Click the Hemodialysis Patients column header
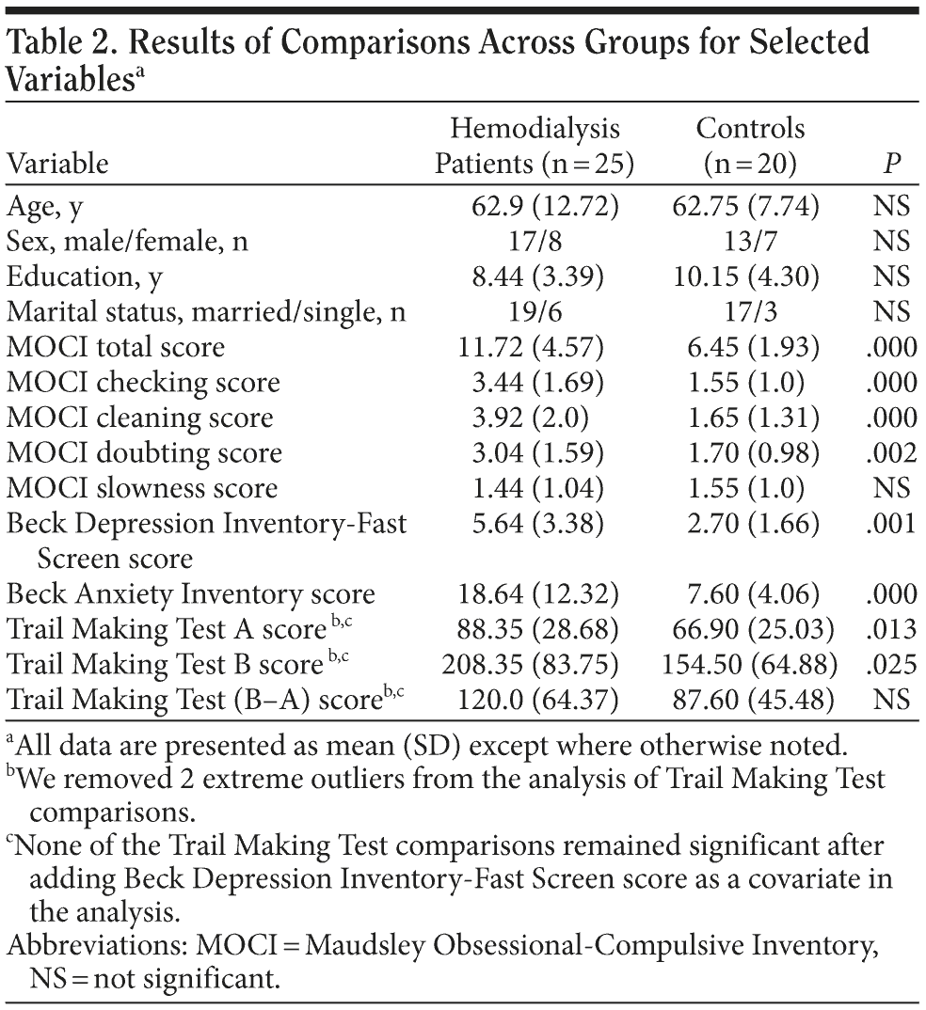(534, 146)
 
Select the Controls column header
(750, 146)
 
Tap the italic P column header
(891, 165)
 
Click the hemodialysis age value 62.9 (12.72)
(545, 205)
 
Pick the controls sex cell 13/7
(750, 241)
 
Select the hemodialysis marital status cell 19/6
(535, 311)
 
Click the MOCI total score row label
(116, 347)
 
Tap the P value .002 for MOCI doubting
(891, 453)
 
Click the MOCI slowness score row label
(142, 488)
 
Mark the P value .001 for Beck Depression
(891, 524)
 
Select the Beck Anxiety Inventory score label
(190, 594)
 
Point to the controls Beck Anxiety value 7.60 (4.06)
(754, 594)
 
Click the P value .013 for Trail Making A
(891, 630)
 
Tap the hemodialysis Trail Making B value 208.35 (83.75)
(532, 665)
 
